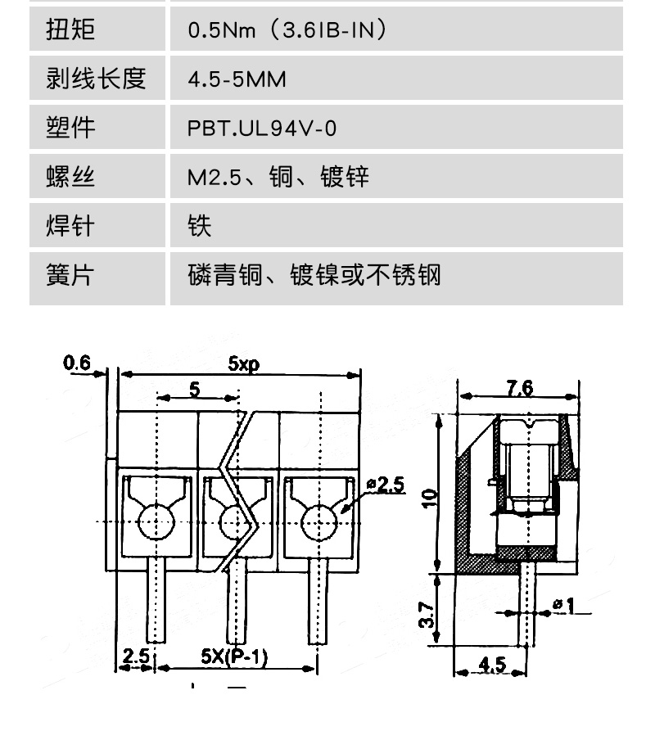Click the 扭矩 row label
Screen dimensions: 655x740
[70, 29]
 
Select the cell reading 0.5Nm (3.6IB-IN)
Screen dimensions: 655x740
[287, 29]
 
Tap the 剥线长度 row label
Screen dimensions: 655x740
[96, 78]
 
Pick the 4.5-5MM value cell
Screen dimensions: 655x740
[237, 79]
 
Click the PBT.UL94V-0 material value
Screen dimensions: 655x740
[262, 128]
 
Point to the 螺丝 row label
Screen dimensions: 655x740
[70, 177]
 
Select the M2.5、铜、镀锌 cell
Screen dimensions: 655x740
[278, 177]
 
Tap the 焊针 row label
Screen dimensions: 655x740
[70, 225]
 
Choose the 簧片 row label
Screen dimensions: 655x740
[70, 274]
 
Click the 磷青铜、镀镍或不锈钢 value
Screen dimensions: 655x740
[314, 275]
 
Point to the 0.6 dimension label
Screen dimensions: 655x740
[76, 363]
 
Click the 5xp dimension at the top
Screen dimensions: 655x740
[243, 363]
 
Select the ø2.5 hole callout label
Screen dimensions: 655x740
[386, 485]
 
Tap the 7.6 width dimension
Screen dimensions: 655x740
[520, 388]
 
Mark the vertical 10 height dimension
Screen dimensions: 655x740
[429, 499]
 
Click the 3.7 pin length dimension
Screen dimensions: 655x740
[426, 615]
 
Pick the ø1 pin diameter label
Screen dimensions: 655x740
[564, 605]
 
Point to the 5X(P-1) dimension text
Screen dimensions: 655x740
[234, 656]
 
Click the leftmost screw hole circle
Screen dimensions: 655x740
[156, 522]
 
